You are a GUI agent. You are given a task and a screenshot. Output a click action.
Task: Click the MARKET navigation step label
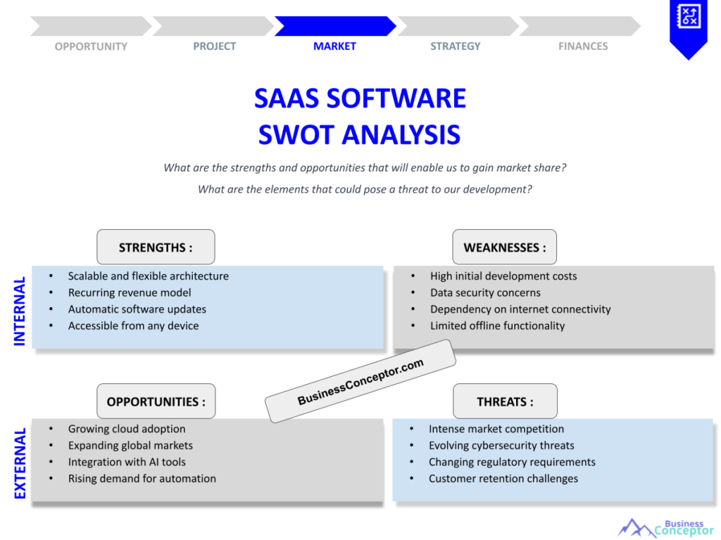(x=334, y=46)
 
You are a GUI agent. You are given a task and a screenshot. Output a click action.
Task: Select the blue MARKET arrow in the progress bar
(x=334, y=26)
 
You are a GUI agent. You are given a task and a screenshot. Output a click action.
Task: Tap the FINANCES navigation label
(x=583, y=46)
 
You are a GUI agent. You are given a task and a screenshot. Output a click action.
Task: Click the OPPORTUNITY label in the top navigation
(x=91, y=46)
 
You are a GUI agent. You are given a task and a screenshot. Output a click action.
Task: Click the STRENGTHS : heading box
(x=156, y=247)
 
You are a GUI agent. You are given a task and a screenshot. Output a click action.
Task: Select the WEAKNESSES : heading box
(x=504, y=247)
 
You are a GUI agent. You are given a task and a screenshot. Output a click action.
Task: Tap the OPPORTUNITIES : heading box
(x=156, y=401)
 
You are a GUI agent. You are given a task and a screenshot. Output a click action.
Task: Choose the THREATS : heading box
(x=505, y=401)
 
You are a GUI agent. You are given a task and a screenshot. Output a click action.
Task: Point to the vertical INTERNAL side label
(x=20, y=310)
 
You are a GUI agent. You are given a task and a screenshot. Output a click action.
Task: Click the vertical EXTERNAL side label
(x=20, y=463)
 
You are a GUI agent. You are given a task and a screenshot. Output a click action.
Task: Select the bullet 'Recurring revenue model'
(x=130, y=292)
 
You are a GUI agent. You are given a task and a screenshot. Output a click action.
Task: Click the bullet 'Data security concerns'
(x=485, y=292)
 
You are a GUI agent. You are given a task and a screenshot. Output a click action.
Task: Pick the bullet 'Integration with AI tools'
(x=127, y=462)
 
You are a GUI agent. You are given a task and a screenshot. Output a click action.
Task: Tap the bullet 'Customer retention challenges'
(x=503, y=479)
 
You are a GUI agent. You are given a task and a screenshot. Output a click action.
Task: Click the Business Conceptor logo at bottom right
(x=665, y=527)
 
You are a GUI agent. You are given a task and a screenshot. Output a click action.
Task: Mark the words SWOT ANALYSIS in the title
(x=359, y=134)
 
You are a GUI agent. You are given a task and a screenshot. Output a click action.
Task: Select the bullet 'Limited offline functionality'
(x=497, y=326)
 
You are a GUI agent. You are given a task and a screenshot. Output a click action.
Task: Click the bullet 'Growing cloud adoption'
(x=127, y=429)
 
